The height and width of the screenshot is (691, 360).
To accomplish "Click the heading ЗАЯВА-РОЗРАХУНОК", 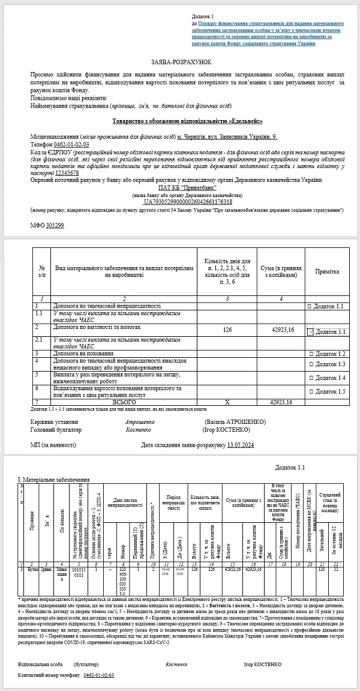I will [x=181, y=62].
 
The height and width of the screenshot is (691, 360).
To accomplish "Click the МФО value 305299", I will [x=55, y=225].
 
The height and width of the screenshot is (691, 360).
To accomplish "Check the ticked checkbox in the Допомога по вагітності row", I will [x=310, y=331].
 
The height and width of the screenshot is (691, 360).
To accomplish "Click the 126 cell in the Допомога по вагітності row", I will [x=227, y=330].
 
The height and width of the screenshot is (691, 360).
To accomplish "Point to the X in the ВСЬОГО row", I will [x=227, y=402].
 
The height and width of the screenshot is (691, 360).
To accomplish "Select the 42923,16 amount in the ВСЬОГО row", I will [x=281, y=402].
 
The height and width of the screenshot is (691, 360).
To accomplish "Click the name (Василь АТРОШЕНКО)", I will [x=235, y=422].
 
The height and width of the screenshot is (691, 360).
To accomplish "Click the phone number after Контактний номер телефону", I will [x=99, y=675].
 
